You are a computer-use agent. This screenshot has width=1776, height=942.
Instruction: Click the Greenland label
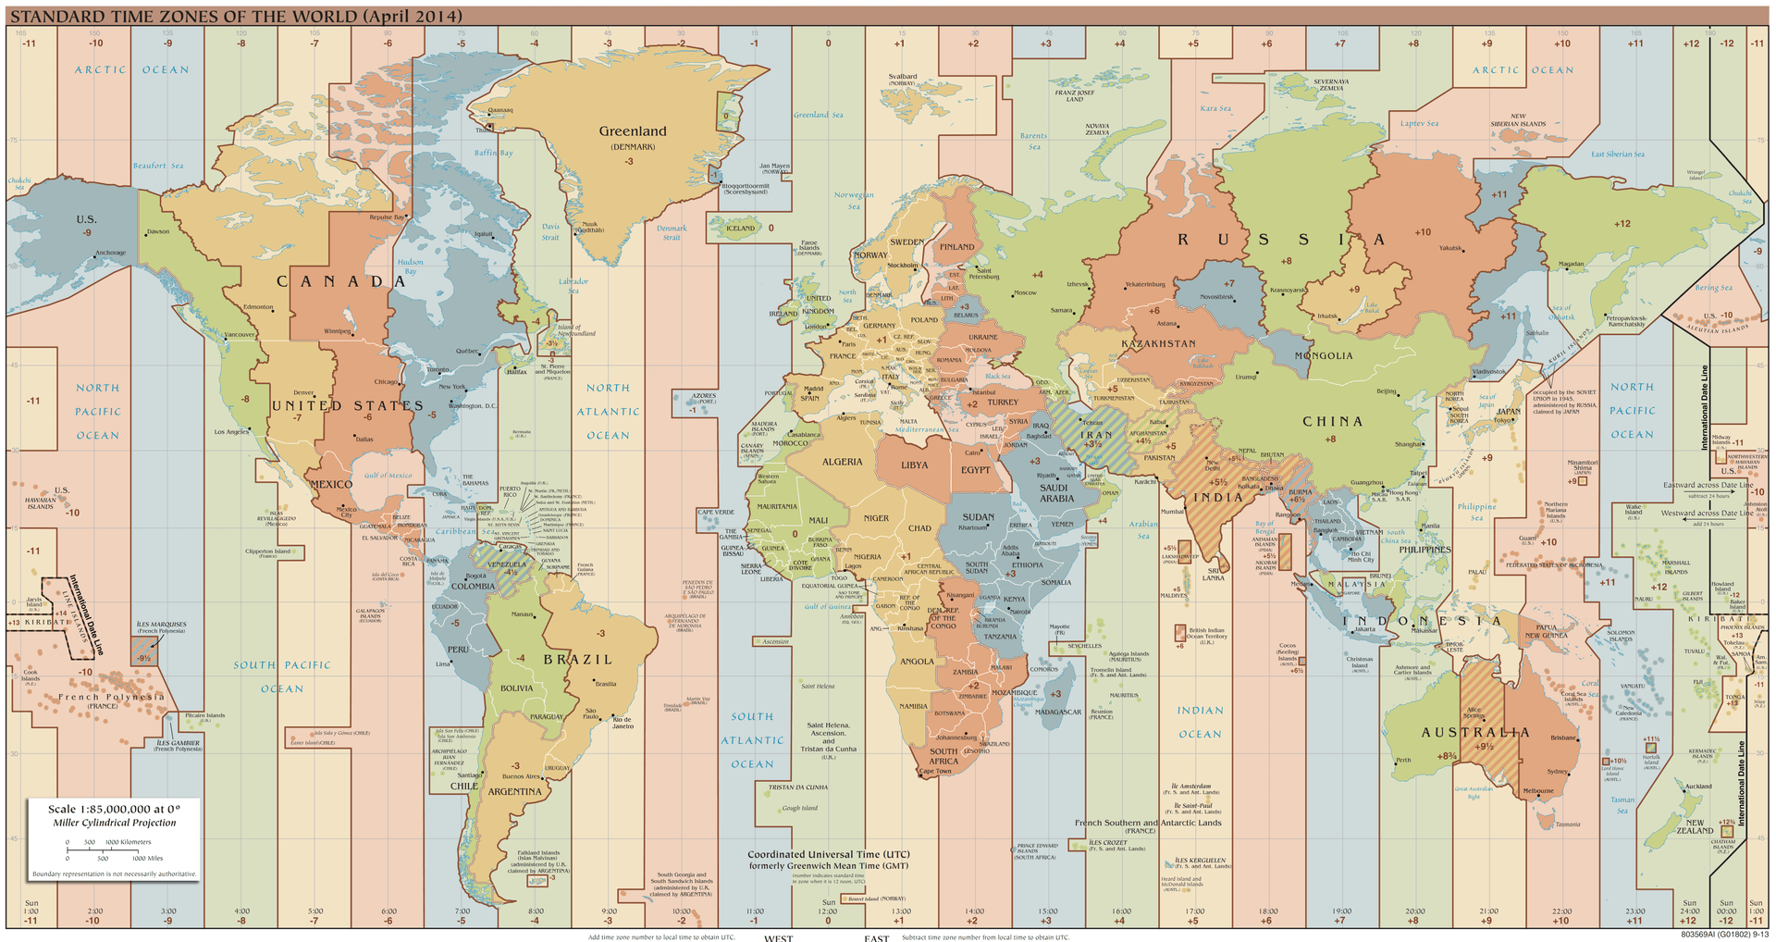click(x=632, y=131)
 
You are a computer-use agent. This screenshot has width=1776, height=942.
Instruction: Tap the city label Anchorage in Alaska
click(x=110, y=253)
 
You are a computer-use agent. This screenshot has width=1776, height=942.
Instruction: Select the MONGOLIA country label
click(x=1323, y=355)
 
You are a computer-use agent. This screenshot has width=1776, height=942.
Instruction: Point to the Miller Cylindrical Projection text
click(x=114, y=823)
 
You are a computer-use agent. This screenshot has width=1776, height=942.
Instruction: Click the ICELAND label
click(x=740, y=228)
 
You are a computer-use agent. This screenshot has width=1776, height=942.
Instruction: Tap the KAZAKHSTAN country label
click(x=1158, y=343)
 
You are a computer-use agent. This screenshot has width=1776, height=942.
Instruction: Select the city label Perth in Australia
click(x=1403, y=760)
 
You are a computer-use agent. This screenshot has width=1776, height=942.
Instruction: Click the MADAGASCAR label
click(x=1058, y=712)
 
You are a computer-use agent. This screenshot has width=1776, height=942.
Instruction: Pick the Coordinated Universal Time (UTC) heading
click(x=828, y=854)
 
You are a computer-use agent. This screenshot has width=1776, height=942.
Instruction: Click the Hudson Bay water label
click(x=411, y=266)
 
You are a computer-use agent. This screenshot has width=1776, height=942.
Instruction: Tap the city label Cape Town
click(x=935, y=771)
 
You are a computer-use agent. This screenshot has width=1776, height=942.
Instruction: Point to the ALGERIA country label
click(x=842, y=462)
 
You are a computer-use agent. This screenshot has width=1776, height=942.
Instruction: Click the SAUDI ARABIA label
click(x=1056, y=493)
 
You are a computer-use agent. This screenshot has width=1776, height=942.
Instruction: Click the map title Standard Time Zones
click(x=236, y=17)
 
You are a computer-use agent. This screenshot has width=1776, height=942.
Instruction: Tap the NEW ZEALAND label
click(x=1695, y=826)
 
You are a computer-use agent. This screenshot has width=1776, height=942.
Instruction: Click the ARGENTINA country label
click(x=514, y=792)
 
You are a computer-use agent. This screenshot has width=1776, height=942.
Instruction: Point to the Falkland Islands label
click(x=537, y=852)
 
